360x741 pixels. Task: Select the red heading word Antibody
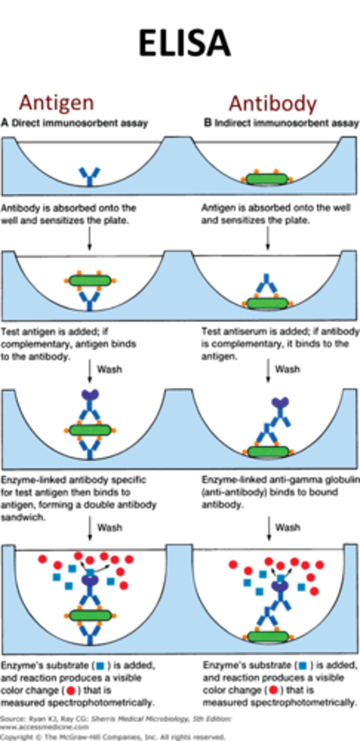pyautogui.click(x=272, y=103)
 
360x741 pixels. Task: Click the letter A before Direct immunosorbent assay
pyautogui.click(x=5, y=123)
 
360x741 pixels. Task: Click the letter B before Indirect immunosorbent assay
pyautogui.click(x=208, y=123)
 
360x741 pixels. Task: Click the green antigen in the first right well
pyautogui.click(x=267, y=179)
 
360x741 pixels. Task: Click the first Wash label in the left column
pyautogui.click(x=110, y=369)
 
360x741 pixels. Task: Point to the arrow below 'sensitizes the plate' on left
pyautogui.click(x=90, y=236)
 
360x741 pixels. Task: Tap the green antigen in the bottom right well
pyautogui.click(x=267, y=636)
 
